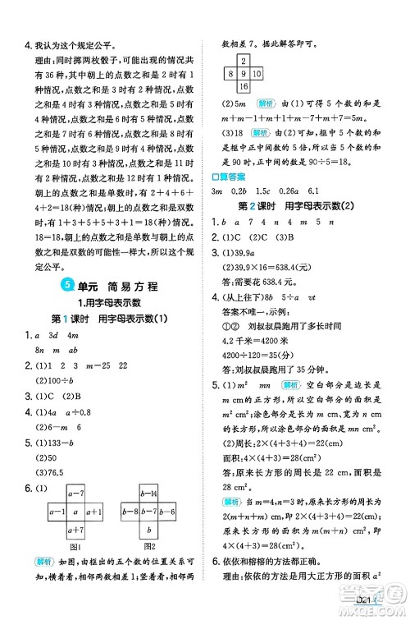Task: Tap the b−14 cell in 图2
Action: (149, 494)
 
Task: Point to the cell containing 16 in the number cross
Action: (244, 86)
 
